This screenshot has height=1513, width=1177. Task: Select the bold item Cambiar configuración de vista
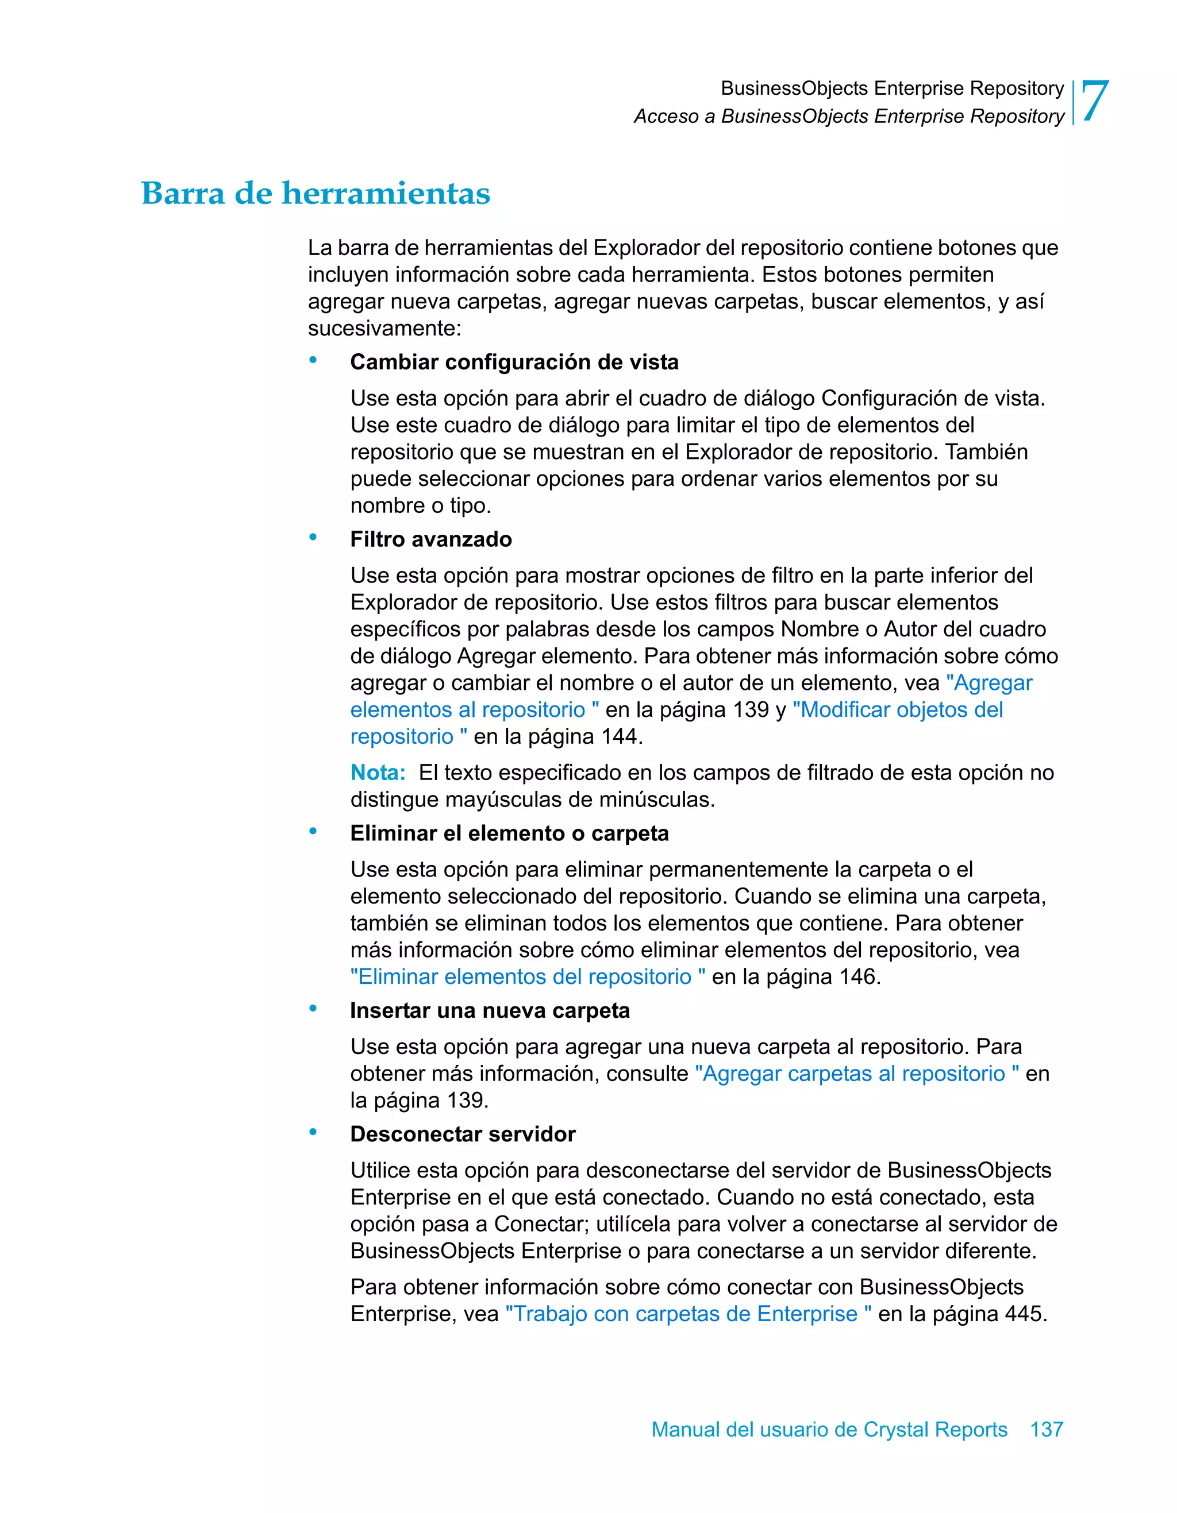click(514, 362)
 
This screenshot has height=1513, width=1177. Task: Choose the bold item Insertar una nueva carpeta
click(490, 1011)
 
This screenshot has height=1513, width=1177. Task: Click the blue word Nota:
click(378, 773)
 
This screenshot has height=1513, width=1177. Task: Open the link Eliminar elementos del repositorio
click(528, 977)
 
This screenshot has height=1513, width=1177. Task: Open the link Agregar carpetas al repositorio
click(856, 1074)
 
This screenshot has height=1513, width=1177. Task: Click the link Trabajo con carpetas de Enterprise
click(687, 1314)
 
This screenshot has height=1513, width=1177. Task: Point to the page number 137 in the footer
click(1046, 1429)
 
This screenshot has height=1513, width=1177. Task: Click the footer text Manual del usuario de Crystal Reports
click(829, 1429)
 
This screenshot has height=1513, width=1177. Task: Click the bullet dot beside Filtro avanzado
click(313, 537)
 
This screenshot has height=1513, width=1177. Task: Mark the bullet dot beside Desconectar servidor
click(313, 1132)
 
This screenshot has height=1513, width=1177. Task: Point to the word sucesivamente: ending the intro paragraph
click(384, 329)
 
